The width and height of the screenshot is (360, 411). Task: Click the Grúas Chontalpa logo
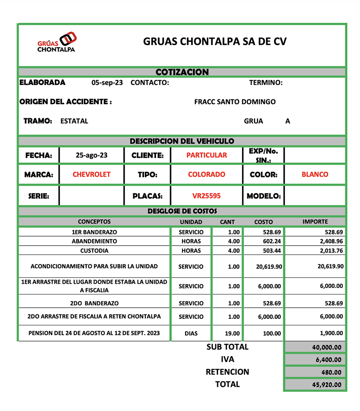tap(57, 43)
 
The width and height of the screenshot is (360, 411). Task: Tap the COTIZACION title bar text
tap(182, 72)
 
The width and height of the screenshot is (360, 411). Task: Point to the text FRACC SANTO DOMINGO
tap(235, 102)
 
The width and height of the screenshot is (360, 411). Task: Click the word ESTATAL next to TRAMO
tap(74, 121)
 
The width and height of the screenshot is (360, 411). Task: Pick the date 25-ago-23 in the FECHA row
tap(91, 155)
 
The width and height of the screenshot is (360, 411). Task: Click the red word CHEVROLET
tap(91, 174)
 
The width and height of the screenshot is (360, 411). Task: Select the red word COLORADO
tap(207, 174)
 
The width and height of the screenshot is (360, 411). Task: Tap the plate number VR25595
tap(207, 196)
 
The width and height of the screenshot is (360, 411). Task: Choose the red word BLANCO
tap(315, 174)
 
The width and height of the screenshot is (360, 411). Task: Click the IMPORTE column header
tap(315, 222)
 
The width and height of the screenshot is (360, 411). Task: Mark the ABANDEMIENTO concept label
tap(94, 241)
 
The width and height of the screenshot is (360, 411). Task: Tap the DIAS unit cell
tap(191, 333)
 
